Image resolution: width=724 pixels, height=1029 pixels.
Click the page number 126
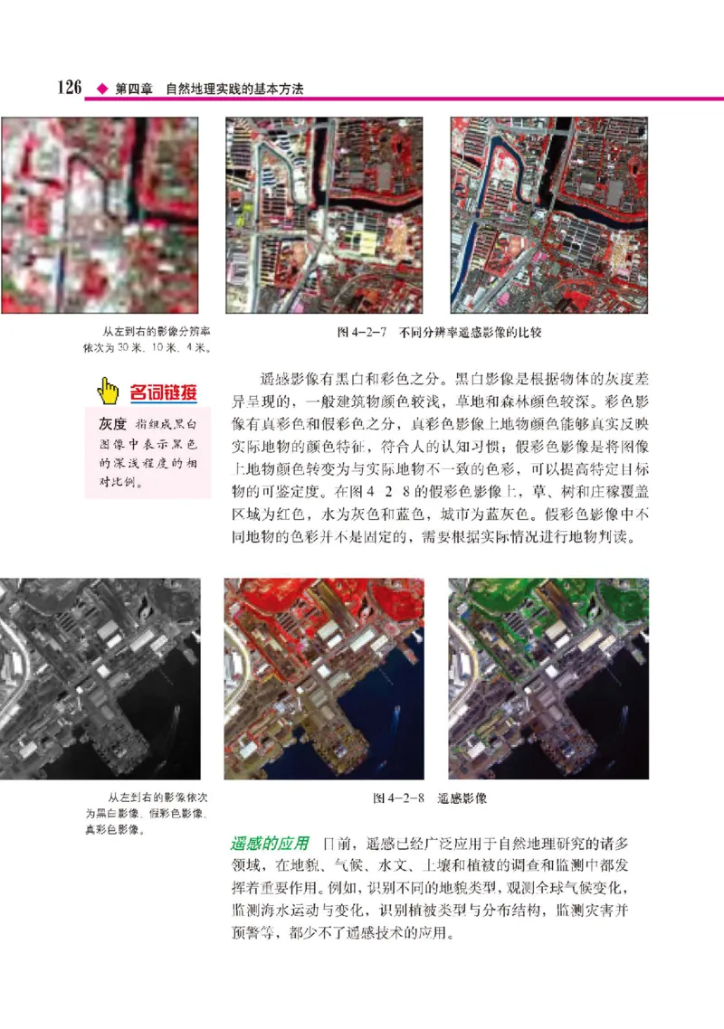pyautogui.click(x=71, y=89)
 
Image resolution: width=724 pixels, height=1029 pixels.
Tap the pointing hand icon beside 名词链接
pyautogui.click(x=109, y=392)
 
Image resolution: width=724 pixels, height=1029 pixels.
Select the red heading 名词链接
pyautogui.click(x=163, y=392)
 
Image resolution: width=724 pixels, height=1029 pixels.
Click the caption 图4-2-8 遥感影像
pyautogui.click(x=431, y=799)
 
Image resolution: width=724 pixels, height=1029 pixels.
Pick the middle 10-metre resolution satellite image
pyautogui.click(x=323, y=214)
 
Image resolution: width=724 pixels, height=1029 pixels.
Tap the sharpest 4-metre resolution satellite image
pyautogui.click(x=548, y=214)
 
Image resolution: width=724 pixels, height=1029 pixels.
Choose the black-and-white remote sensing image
pyautogui.click(x=99, y=677)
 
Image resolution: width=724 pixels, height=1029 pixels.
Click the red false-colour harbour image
pyautogui.click(x=323, y=677)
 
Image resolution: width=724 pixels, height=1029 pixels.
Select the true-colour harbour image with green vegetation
pyautogui.click(x=548, y=677)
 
